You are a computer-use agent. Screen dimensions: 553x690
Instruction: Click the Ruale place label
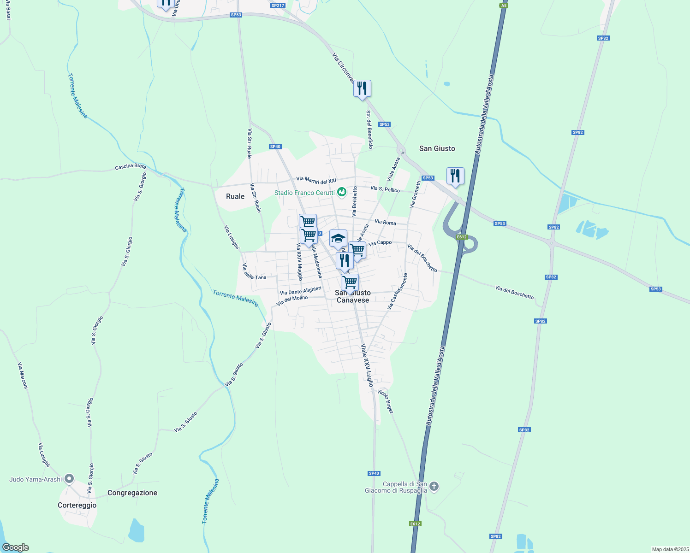pyautogui.click(x=235, y=196)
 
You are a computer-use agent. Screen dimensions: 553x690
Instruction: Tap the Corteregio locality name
pyautogui.click(x=77, y=505)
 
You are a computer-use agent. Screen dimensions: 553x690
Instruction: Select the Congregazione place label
pyautogui.click(x=132, y=493)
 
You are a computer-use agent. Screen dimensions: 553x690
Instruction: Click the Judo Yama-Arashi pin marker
pyautogui.click(x=69, y=479)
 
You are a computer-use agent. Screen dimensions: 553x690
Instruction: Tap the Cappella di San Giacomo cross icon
pyautogui.click(x=434, y=486)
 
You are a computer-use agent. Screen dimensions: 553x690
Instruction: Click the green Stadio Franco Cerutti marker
pyautogui.click(x=341, y=192)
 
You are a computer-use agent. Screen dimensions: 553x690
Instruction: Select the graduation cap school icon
pyautogui.click(x=338, y=239)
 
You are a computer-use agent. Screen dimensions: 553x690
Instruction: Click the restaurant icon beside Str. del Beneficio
pyautogui.click(x=362, y=88)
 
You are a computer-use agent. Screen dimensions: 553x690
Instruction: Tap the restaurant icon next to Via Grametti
pyautogui.click(x=455, y=176)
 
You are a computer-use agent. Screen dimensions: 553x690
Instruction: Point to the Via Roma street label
pyautogui.click(x=385, y=222)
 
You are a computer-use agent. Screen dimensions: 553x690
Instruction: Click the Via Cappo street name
pyautogui.click(x=380, y=243)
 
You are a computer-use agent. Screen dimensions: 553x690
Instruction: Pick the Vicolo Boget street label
pyautogui.click(x=385, y=401)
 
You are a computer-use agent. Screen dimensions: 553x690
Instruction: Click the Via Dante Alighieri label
pyautogui.click(x=300, y=291)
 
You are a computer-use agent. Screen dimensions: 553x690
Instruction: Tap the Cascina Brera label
pyautogui.click(x=131, y=166)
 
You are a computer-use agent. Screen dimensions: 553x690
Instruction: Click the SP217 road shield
pyautogui.click(x=278, y=6)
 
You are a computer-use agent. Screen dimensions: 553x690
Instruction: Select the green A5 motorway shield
pyautogui.click(x=504, y=6)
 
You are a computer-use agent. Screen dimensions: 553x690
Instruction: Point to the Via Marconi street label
pyautogui.click(x=23, y=376)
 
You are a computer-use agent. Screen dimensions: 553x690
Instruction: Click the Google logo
pyautogui.click(x=16, y=547)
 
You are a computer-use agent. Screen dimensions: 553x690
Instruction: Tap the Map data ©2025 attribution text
pyautogui.click(x=670, y=549)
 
